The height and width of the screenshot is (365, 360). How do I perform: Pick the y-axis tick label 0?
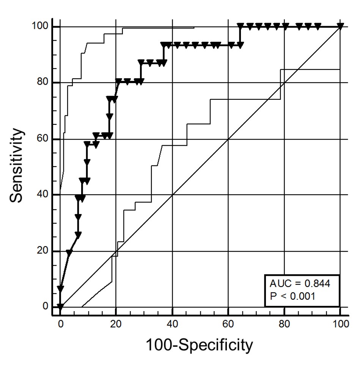coord(45,307)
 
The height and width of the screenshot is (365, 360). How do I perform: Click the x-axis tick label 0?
coord(60,323)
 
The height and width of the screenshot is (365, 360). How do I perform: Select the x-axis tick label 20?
coord(116,323)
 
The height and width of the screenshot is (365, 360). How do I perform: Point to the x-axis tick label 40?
coord(172,323)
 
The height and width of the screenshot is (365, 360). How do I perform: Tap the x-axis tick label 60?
coord(228,323)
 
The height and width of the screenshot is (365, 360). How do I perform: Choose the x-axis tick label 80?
coord(284,323)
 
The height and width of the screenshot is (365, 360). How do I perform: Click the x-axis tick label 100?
coord(340,323)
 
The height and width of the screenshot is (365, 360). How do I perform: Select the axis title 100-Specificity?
coord(199,345)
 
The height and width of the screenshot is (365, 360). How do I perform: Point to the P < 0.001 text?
coord(292,296)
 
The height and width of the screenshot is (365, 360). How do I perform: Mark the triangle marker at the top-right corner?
coord(340,26)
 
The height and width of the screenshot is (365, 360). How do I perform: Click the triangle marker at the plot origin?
coord(60,306)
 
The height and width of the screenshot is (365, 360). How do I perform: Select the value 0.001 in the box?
coord(302,296)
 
